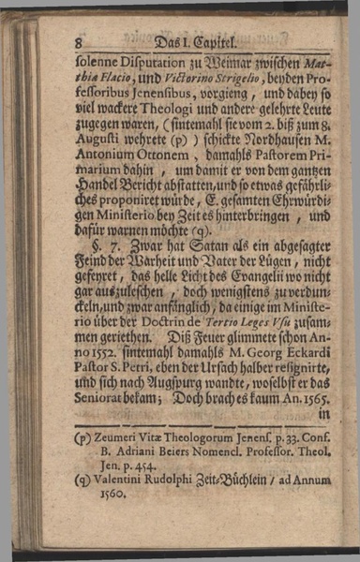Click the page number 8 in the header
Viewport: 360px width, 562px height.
pyautogui.click(x=83, y=42)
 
